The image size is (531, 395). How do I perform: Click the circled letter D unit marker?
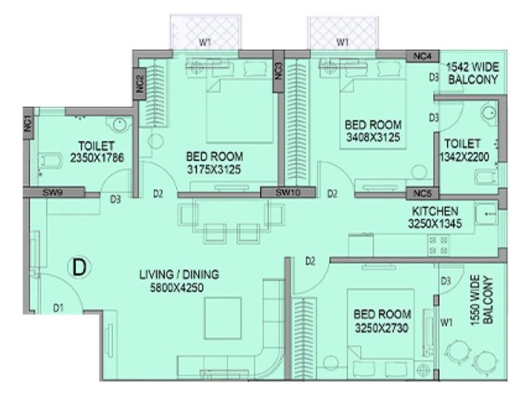pos(79,267)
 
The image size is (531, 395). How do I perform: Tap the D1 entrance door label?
pos(58,307)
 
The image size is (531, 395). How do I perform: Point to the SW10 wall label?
pos(288,193)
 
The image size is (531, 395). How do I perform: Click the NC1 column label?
pos(28,123)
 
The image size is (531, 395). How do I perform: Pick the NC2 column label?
pos(139,84)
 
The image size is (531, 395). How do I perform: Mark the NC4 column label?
pos(422,56)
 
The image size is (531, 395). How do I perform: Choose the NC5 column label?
pos(422,193)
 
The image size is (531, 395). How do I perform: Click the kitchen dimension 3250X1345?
pos(435,223)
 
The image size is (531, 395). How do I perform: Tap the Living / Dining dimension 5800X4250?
pos(177,288)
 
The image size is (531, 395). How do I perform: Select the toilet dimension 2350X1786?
pos(97,158)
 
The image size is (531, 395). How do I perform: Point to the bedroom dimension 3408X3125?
pos(373,137)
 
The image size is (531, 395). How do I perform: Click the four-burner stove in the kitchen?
pos(439,245)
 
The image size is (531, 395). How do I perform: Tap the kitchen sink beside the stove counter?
pos(486,214)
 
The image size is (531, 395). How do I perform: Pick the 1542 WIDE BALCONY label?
pos(473,73)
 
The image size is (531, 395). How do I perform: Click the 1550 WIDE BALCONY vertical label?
pos(481,300)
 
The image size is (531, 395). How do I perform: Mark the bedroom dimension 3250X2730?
pos(382,328)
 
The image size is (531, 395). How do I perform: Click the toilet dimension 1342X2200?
pos(464,157)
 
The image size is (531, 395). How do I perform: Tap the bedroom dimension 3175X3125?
pos(214,169)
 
